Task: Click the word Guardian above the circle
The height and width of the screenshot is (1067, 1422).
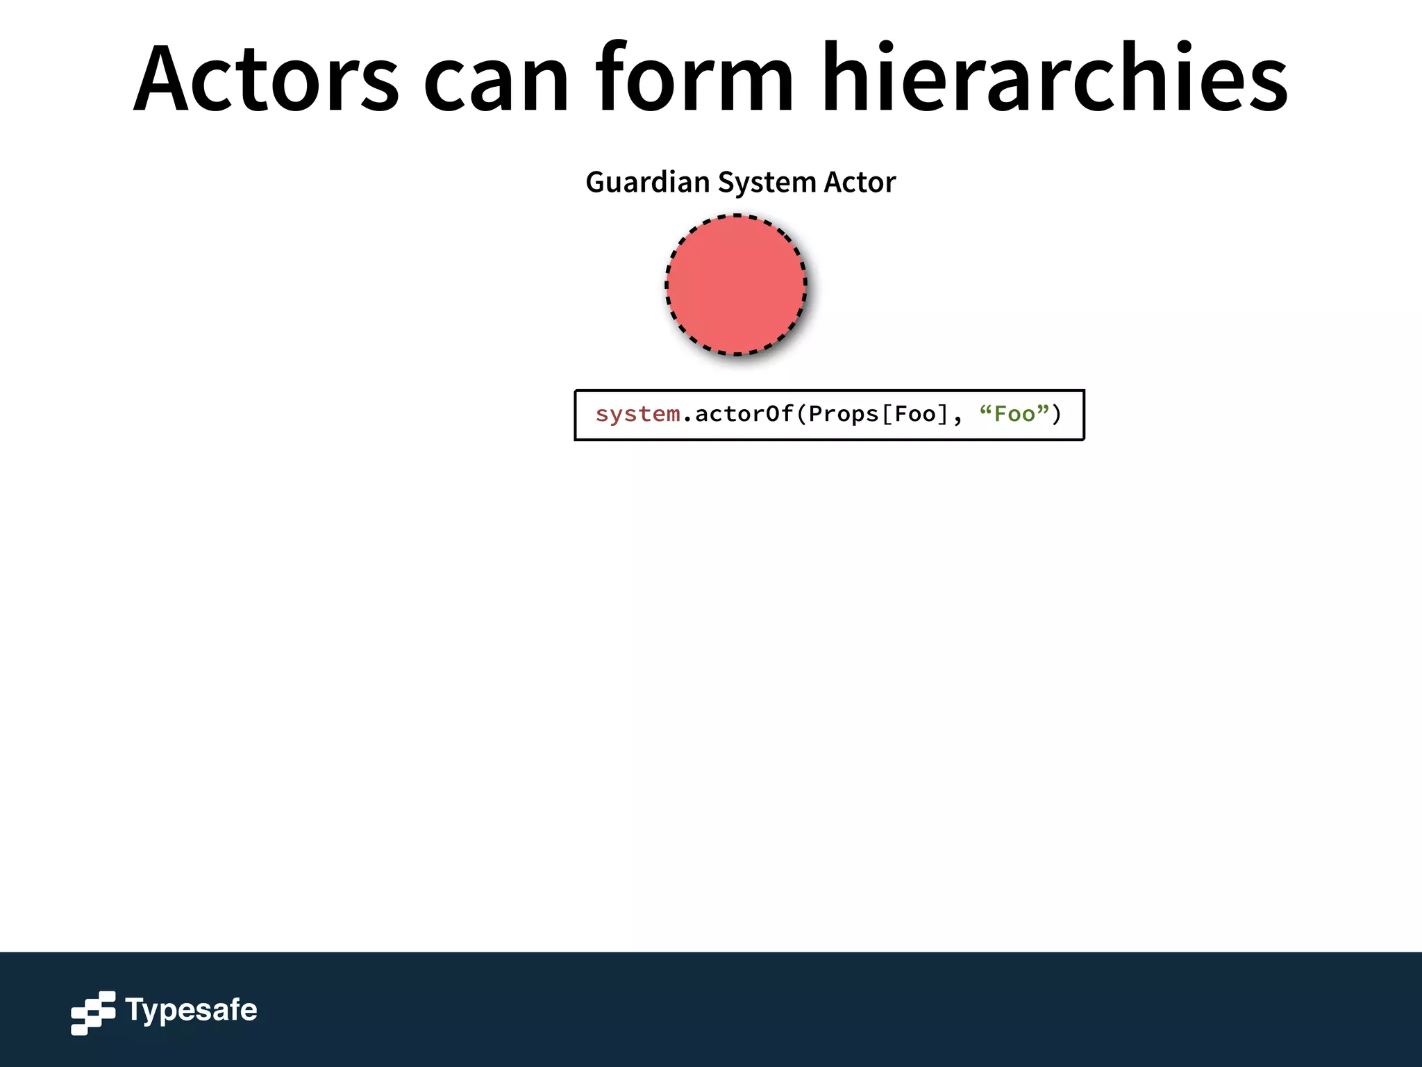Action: click(x=648, y=182)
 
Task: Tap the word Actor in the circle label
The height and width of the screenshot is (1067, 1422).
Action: click(x=860, y=182)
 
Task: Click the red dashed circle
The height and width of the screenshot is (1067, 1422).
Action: click(x=736, y=285)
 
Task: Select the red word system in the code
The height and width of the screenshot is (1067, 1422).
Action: click(x=637, y=415)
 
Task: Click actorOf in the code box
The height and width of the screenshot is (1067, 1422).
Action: click(x=744, y=415)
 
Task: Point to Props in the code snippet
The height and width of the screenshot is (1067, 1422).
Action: click(x=843, y=415)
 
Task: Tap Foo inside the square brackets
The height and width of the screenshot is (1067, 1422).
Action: click(x=915, y=415)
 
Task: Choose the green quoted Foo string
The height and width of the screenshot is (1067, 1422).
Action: click(x=1014, y=415)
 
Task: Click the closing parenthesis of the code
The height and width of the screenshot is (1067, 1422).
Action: click(x=1057, y=415)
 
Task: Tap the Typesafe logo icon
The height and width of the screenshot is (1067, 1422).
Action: click(x=93, y=1012)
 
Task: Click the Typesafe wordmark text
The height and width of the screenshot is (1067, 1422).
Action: click(x=191, y=1011)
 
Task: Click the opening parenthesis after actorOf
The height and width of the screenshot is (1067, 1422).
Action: click(x=801, y=415)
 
